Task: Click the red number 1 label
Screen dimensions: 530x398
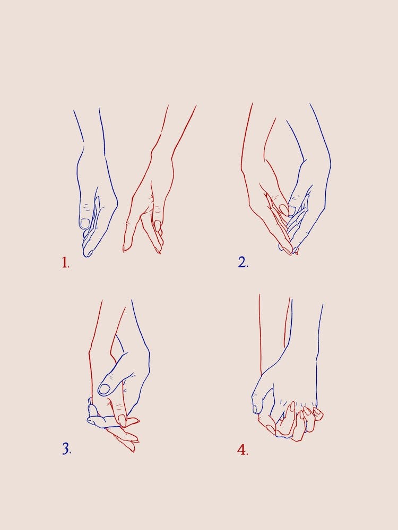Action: [65, 262]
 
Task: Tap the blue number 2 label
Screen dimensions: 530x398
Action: [243, 262]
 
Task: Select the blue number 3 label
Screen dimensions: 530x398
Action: [66, 449]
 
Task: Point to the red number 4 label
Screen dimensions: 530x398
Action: [242, 450]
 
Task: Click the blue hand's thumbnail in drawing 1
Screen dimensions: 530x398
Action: [85, 223]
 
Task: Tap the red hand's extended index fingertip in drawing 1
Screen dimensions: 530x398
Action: [126, 248]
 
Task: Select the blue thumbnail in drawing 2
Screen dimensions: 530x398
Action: [292, 210]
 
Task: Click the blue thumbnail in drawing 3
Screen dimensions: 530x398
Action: [104, 388]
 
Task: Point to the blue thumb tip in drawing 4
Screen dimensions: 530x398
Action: [257, 409]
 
